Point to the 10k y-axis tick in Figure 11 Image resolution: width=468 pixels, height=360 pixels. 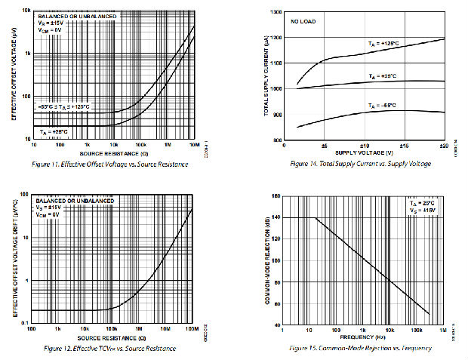(25, 11)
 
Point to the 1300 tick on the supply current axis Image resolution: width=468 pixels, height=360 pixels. (274, 13)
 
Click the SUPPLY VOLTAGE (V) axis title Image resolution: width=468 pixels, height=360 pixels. (363, 152)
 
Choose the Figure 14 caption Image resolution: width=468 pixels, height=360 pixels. (361, 164)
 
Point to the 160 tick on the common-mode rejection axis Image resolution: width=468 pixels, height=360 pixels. (275, 196)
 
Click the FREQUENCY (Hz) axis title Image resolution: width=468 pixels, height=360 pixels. (362, 336)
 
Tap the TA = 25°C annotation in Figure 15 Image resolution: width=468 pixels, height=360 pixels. (423, 204)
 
